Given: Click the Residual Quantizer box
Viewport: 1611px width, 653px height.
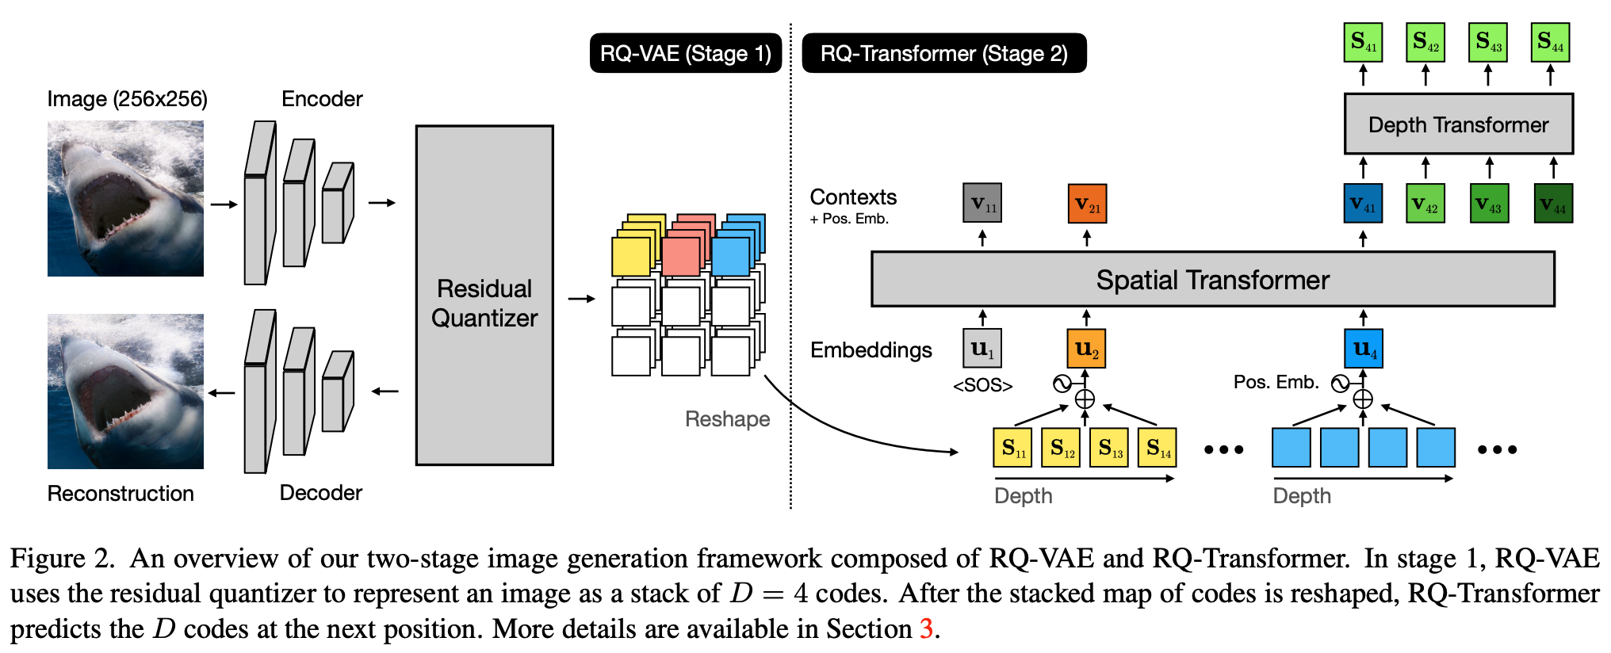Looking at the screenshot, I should [x=484, y=295].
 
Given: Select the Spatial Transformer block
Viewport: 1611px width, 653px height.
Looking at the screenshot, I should [x=1212, y=279].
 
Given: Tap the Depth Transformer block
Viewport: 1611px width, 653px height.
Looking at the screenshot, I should [x=1458, y=124].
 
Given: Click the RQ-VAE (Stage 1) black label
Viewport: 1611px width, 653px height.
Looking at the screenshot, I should [x=685, y=53].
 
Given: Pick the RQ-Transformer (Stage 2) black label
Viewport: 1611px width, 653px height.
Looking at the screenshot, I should [x=943, y=53].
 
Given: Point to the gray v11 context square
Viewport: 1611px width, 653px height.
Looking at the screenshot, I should [x=982, y=203].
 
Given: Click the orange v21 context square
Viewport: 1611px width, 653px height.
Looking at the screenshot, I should [x=1087, y=204].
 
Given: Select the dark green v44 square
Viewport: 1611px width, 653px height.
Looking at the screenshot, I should [x=1553, y=204].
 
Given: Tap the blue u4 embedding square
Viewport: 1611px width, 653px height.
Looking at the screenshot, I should [x=1364, y=349].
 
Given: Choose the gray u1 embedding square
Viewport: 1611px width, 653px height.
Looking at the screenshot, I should [x=982, y=349].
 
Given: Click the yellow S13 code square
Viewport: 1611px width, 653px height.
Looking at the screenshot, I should [x=1109, y=448].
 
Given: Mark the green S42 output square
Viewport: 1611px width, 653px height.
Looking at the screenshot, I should [x=1425, y=42].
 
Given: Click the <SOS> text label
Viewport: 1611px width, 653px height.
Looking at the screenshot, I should [x=982, y=386].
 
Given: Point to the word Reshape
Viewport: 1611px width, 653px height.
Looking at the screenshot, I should [x=727, y=419].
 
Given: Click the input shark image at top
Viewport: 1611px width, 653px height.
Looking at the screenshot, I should [x=125, y=198].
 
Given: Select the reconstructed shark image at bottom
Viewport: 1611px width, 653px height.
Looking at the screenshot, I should [x=125, y=391].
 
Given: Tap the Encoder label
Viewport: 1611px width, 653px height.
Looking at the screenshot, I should [x=322, y=99].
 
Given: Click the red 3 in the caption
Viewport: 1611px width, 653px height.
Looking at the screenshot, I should [x=925, y=629].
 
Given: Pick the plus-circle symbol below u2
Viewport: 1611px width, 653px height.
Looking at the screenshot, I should [x=1085, y=399].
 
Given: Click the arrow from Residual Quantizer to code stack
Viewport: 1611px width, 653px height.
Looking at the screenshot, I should [x=581, y=299].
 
